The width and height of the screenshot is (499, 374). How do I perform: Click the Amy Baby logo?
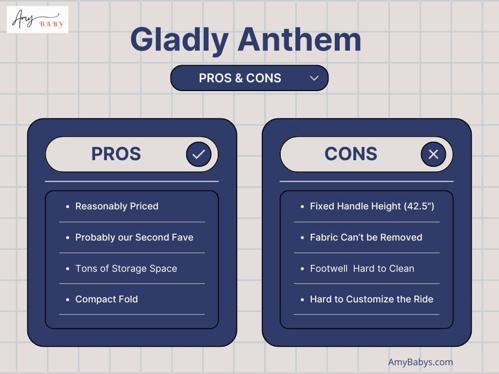(x=38, y=19)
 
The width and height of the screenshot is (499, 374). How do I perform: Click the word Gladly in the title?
(x=179, y=40)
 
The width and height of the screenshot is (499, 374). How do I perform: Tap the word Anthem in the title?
(x=300, y=39)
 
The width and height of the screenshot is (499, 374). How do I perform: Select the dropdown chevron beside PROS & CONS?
(x=314, y=78)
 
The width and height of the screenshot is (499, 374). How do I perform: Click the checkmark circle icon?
(x=199, y=154)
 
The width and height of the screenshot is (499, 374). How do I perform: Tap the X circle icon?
(x=433, y=154)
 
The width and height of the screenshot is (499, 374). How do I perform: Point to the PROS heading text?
(x=116, y=154)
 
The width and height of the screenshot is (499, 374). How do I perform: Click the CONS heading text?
(x=351, y=154)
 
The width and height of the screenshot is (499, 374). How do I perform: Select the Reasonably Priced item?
(x=117, y=206)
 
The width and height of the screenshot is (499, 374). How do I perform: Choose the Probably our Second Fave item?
(x=134, y=238)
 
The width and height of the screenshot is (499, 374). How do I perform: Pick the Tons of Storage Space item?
(x=126, y=269)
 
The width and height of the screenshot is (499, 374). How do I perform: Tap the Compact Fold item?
(x=107, y=299)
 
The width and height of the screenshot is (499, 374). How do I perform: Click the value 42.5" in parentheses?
(x=421, y=206)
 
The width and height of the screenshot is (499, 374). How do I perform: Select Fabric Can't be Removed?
(x=366, y=237)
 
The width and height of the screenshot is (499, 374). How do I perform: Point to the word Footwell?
(x=329, y=268)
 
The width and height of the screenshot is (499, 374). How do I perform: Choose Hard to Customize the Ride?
(x=372, y=299)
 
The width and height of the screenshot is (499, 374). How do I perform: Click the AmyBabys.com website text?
(x=421, y=362)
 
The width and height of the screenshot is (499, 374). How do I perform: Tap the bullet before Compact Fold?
(x=67, y=299)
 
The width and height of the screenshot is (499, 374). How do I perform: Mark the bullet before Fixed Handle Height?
(x=302, y=206)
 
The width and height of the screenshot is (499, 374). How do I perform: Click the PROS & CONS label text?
(x=240, y=78)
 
